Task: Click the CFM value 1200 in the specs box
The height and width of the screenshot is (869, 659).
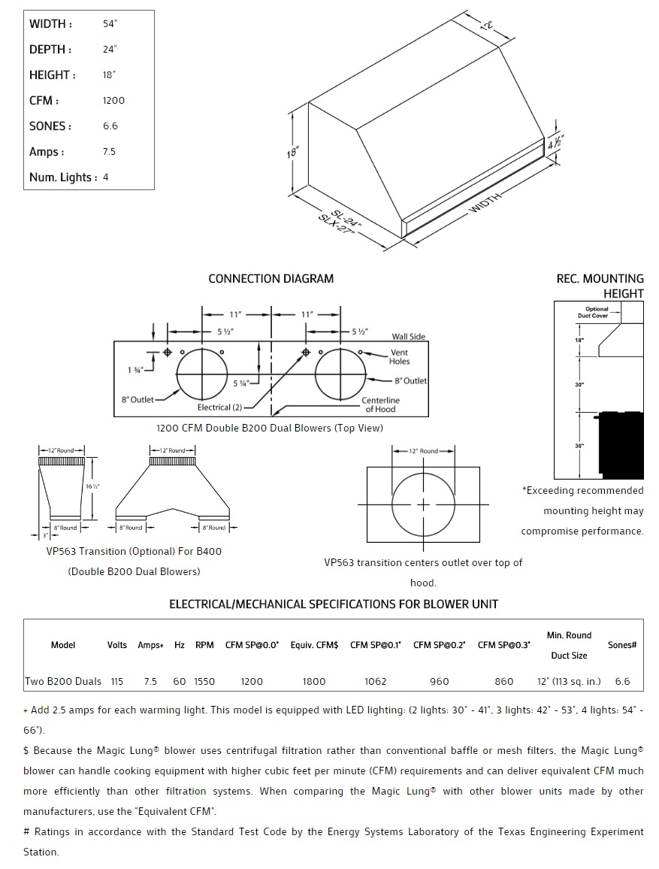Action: pos(113,101)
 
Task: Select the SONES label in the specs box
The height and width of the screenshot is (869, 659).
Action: pos(50,126)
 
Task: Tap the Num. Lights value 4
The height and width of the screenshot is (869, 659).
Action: pos(105,177)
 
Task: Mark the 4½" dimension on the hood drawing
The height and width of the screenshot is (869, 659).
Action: pos(556,142)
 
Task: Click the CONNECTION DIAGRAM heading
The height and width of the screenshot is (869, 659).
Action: pos(271,279)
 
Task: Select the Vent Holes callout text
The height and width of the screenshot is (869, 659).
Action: pos(399,357)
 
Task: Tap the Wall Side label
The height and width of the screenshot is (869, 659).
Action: pos(408,337)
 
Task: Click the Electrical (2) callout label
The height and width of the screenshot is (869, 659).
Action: pos(219,407)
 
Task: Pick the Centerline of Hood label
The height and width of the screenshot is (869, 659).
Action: pos(380,404)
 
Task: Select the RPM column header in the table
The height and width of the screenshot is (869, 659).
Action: pos(204,645)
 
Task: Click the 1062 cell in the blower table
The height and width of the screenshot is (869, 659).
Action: pos(375,682)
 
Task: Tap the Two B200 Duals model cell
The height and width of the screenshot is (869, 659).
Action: pos(63,682)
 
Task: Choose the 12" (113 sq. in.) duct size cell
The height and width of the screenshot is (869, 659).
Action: pos(569,682)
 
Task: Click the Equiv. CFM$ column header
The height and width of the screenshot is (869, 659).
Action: pos(314,645)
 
